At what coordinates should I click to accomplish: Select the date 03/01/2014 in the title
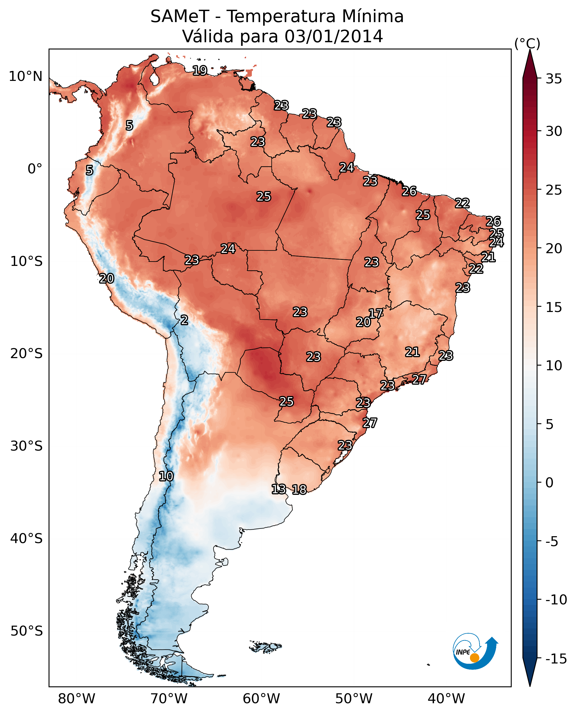point(334,36)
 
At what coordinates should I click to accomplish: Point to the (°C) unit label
point(527,43)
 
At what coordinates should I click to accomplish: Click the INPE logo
point(475,652)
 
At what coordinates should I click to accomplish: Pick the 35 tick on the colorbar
point(553,79)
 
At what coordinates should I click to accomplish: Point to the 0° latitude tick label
point(35,169)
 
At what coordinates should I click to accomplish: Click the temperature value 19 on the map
point(200,70)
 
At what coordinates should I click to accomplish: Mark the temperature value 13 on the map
point(278,489)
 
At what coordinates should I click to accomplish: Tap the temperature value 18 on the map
point(299,489)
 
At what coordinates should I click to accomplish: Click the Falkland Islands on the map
point(265,647)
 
